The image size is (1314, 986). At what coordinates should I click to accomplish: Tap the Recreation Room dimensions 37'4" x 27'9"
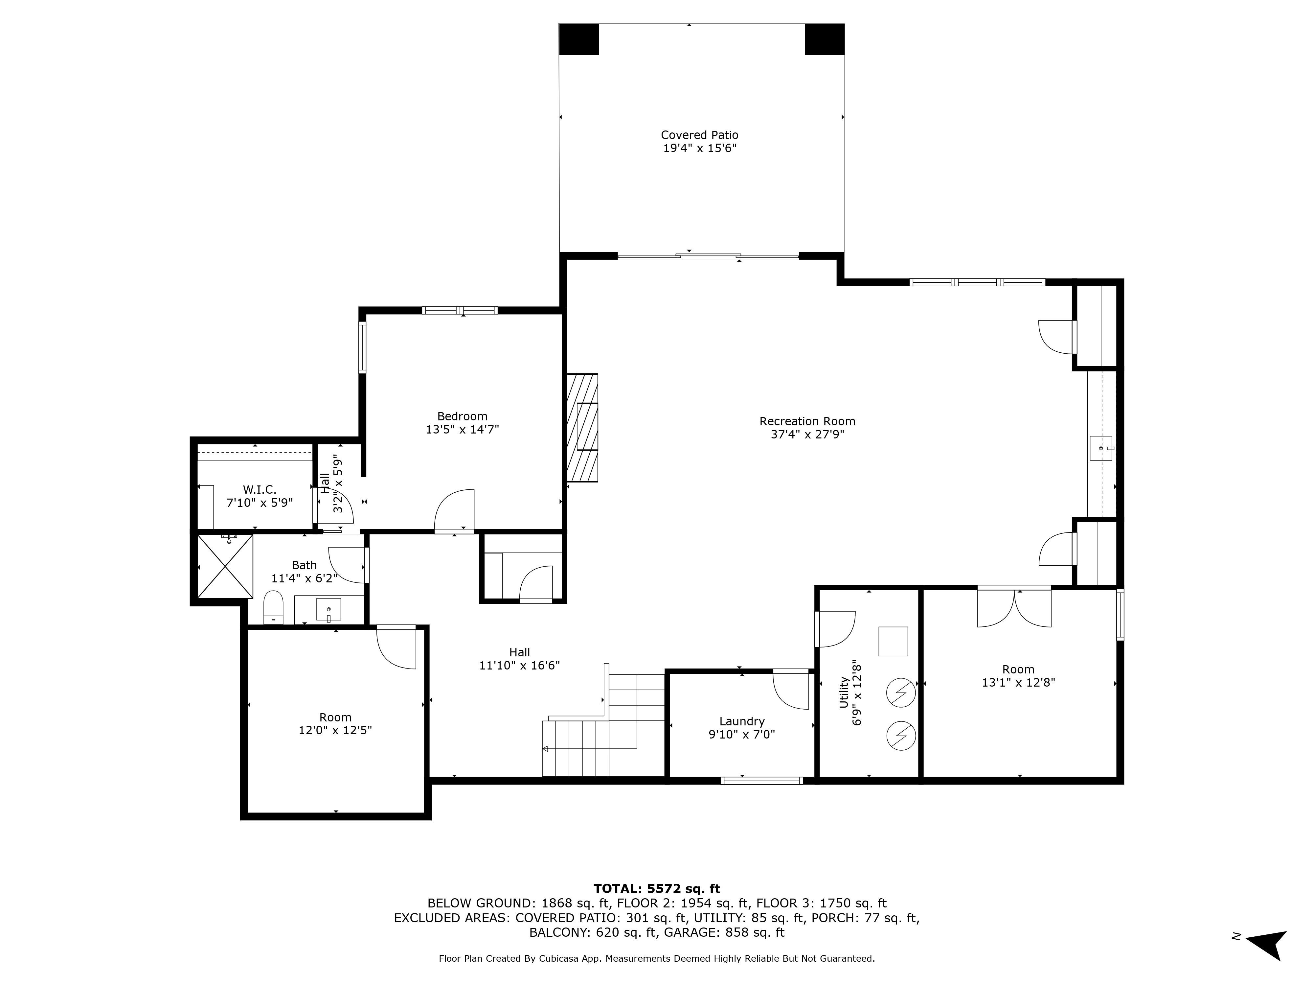coord(807,434)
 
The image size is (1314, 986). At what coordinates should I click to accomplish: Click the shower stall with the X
coord(225,566)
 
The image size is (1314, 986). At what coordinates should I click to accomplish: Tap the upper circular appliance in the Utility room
coord(900,692)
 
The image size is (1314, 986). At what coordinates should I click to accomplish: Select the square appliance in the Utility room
coord(893,641)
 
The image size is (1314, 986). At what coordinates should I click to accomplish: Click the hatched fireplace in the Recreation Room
coord(582,427)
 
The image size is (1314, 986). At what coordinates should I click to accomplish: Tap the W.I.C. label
coord(260,490)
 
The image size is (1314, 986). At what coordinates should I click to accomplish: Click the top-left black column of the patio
coord(578,39)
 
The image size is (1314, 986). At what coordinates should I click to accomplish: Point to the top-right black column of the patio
coord(825,39)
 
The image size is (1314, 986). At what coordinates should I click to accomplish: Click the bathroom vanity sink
coord(328,610)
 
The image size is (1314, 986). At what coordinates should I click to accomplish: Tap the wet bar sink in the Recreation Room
coord(1101,448)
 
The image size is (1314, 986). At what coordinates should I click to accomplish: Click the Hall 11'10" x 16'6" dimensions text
coord(520,666)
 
